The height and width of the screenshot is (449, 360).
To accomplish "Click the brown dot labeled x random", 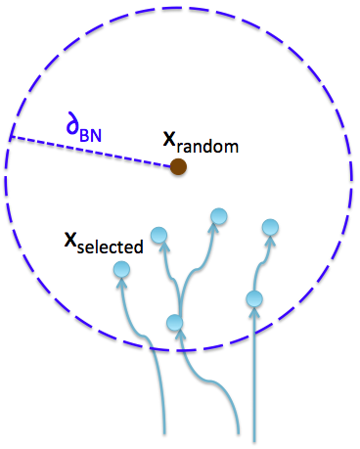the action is pos(178,167).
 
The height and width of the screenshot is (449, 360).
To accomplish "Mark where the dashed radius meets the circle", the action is pos(10,138).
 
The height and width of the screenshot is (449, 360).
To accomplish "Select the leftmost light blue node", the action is pos(121,270).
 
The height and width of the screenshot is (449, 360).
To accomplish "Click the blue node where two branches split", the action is pos(175,323).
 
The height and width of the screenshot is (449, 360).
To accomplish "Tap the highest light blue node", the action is pos(219,216).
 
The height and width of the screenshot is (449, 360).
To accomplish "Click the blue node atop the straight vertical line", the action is pos(254,298).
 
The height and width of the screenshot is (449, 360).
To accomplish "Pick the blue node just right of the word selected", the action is pos(158,236).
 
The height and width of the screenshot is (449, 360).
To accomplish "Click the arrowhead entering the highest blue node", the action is pos(215,229).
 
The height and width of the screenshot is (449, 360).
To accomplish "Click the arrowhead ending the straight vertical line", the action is pos(254,312).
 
